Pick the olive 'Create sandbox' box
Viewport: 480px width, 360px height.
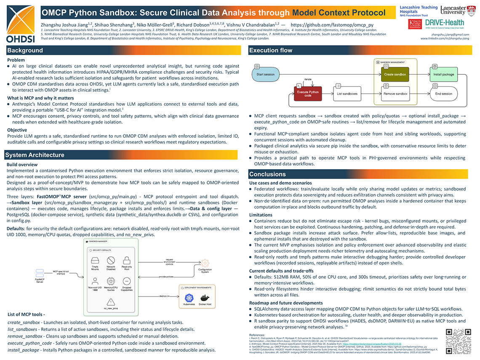click(395, 75)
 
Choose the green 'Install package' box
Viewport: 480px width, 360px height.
click(443, 75)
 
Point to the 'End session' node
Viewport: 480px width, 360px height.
click(443, 93)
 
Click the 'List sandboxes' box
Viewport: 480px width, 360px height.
click(347, 93)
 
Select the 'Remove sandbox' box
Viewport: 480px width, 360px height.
click(395, 93)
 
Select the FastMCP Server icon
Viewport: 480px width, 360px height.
click(40, 274)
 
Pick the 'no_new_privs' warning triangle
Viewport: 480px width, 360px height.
click(111, 301)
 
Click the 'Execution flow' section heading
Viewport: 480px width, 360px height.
click(270, 51)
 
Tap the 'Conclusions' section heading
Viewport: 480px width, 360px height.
click(267, 174)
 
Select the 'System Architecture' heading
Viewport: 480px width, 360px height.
click(35, 155)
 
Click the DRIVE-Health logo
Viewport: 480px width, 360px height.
click(444, 24)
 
